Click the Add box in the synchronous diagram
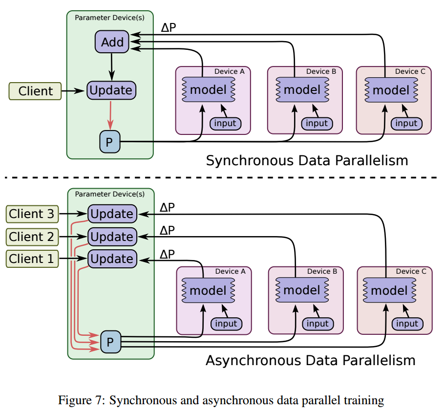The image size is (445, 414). [x=112, y=42]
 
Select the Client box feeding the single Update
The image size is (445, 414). [x=35, y=91]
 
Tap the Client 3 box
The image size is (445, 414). [x=32, y=214]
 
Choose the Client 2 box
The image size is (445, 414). [x=32, y=237]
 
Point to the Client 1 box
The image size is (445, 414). [x=32, y=259]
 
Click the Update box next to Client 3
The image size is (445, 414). [x=112, y=214]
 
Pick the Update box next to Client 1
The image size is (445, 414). [x=112, y=259]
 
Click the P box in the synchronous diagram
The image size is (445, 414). [x=110, y=142]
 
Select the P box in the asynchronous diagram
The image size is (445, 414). [x=111, y=342]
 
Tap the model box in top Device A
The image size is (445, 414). [x=208, y=90]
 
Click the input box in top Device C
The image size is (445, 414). [x=406, y=124]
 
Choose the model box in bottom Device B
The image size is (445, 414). [x=302, y=290]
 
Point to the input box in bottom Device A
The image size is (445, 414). [x=226, y=324]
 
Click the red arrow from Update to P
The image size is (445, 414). [x=110, y=115]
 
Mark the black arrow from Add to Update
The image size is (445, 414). [x=111, y=67]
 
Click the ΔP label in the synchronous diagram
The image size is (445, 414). [x=169, y=27]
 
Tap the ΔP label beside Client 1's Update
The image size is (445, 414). [x=167, y=254]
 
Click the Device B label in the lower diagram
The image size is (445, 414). [x=322, y=271]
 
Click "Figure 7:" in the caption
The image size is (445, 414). [x=82, y=400]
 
